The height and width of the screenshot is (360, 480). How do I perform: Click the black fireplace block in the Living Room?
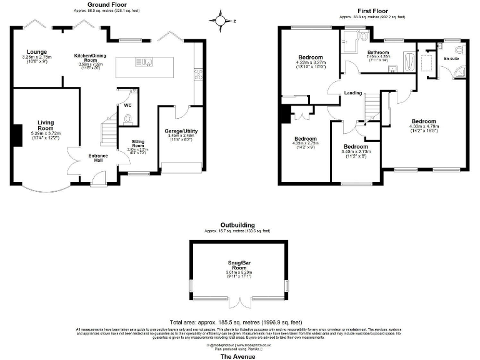[x=18, y=134]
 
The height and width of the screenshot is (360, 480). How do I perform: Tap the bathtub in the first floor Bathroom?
[x=409, y=62]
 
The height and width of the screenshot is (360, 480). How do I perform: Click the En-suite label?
[x=451, y=59]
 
